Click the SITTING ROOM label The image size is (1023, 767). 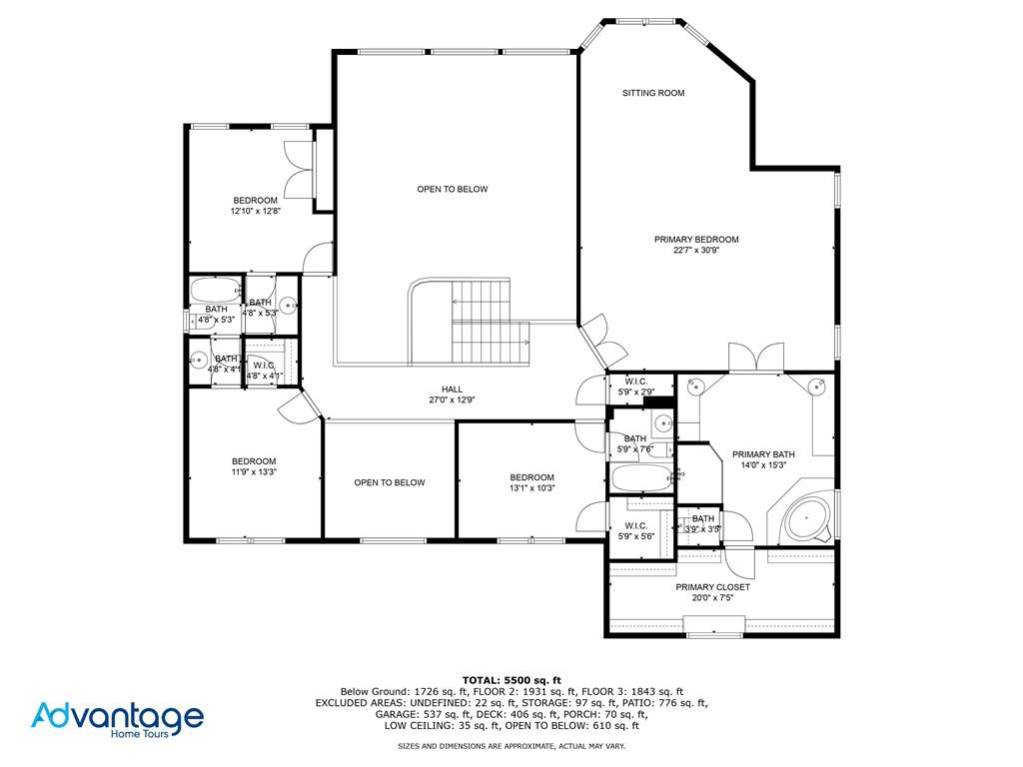tap(653, 93)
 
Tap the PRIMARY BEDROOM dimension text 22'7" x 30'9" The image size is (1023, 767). tap(696, 251)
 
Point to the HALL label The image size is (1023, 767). tap(453, 389)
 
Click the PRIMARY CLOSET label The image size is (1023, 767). tap(712, 587)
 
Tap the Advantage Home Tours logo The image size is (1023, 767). tap(117, 718)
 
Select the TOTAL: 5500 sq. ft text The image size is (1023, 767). tap(511, 679)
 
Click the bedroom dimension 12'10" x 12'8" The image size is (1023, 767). tap(256, 212)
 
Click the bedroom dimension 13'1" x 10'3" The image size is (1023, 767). tap(531, 488)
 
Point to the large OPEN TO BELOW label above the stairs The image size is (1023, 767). tap(453, 189)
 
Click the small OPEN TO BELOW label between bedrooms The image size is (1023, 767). tap(390, 482)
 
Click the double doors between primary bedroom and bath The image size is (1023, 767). tap(756, 357)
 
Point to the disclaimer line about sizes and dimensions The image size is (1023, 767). tap(511, 746)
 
